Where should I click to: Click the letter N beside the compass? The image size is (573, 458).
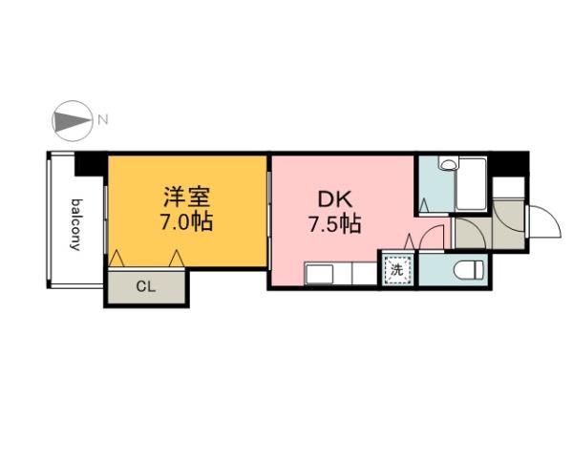[x=103, y=120]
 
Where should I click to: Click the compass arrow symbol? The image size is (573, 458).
[x=70, y=120]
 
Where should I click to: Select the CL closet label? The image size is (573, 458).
[x=147, y=286]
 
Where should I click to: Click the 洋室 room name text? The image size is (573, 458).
[x=186, y=199]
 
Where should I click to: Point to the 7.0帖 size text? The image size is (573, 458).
[x=186, y=225]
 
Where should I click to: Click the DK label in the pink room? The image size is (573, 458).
[x=333, y=200]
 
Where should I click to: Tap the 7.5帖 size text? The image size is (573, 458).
[x=333, y=226]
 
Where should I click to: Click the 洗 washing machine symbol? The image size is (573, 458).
[x=395, y=269]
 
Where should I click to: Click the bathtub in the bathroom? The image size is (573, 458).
[x=472, y=184]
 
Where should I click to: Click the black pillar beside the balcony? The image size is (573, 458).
[x=91, y=164]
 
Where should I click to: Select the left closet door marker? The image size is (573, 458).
[x=117, y=258]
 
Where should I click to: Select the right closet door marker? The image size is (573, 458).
[x=177, y=258]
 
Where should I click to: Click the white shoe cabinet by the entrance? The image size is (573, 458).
[x=511, y=186]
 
